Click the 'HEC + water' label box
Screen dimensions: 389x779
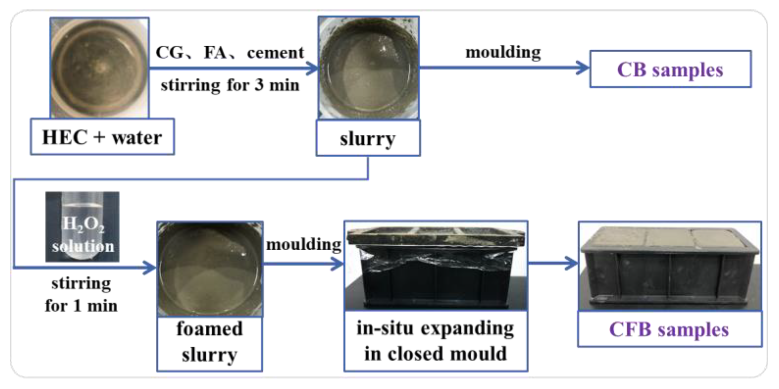point(102,137)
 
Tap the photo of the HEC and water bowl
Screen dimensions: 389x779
point(100,68)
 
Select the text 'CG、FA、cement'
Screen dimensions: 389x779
point(230,53)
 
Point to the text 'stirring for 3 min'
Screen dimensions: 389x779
point(230,85)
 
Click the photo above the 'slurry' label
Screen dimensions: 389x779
point(369,68)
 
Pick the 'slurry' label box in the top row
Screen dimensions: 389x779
point(368,138)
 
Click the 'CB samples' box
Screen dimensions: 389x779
point(670,69)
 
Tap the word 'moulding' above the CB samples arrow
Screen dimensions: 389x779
point(503,52)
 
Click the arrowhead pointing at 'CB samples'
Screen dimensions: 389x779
point(583,68)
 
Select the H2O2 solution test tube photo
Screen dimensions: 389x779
point(82,226)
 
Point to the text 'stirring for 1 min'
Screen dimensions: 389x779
point(81,294)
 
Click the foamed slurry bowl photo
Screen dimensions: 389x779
point(210,269)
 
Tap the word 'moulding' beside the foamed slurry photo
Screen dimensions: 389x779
point(304,244)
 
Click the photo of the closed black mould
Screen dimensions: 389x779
point(436,266)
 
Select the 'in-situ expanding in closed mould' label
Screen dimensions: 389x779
point(436,341)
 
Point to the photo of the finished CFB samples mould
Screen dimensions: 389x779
point(670,266)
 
